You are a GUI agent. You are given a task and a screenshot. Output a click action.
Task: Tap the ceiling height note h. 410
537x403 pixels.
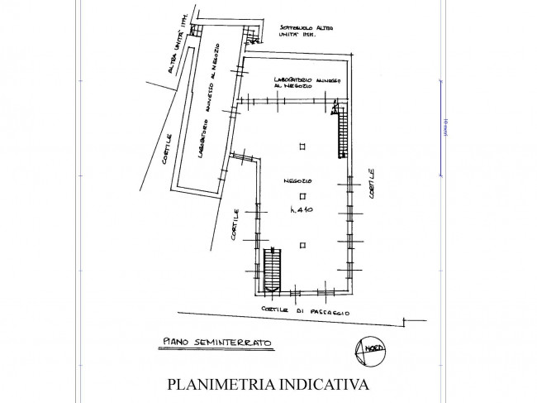pos(303,213)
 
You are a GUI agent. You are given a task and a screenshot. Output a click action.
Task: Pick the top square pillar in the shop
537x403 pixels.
pos(302,146)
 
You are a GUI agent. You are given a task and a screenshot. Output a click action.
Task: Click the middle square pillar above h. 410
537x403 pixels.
pos(302,196)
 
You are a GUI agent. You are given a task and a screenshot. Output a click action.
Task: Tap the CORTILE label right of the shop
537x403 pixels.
pos(373,183)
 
